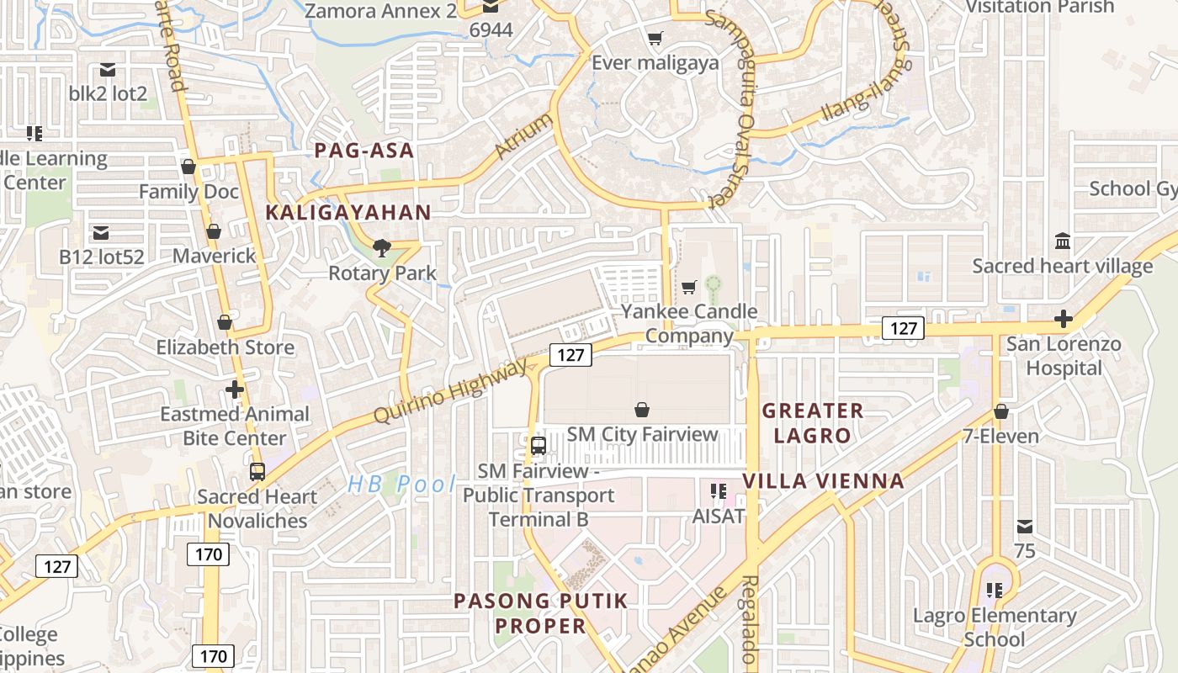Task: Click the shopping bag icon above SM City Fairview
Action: [642, 410]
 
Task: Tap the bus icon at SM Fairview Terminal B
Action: [539, 446]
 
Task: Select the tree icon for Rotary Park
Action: [382, 247]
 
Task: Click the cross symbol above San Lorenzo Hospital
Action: [1064, 320]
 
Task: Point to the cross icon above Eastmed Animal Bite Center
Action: [235, 389]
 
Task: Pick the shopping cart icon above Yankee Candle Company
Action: [689, 288]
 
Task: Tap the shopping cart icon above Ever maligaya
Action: [655, 38]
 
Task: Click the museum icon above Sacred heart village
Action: [1063, 241]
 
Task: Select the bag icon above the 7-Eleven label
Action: [1001, 411]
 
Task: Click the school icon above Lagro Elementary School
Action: [995, 591]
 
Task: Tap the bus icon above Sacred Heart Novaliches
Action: [257, 472]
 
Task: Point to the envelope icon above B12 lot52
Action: [101, 232]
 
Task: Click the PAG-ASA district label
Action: [364, 151]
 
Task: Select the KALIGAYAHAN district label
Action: [348, 213]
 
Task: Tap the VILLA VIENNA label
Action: [823, 481]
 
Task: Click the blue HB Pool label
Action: [401, 484]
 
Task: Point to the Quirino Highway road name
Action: [451, 390]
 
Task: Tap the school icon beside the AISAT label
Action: [718, 490]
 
